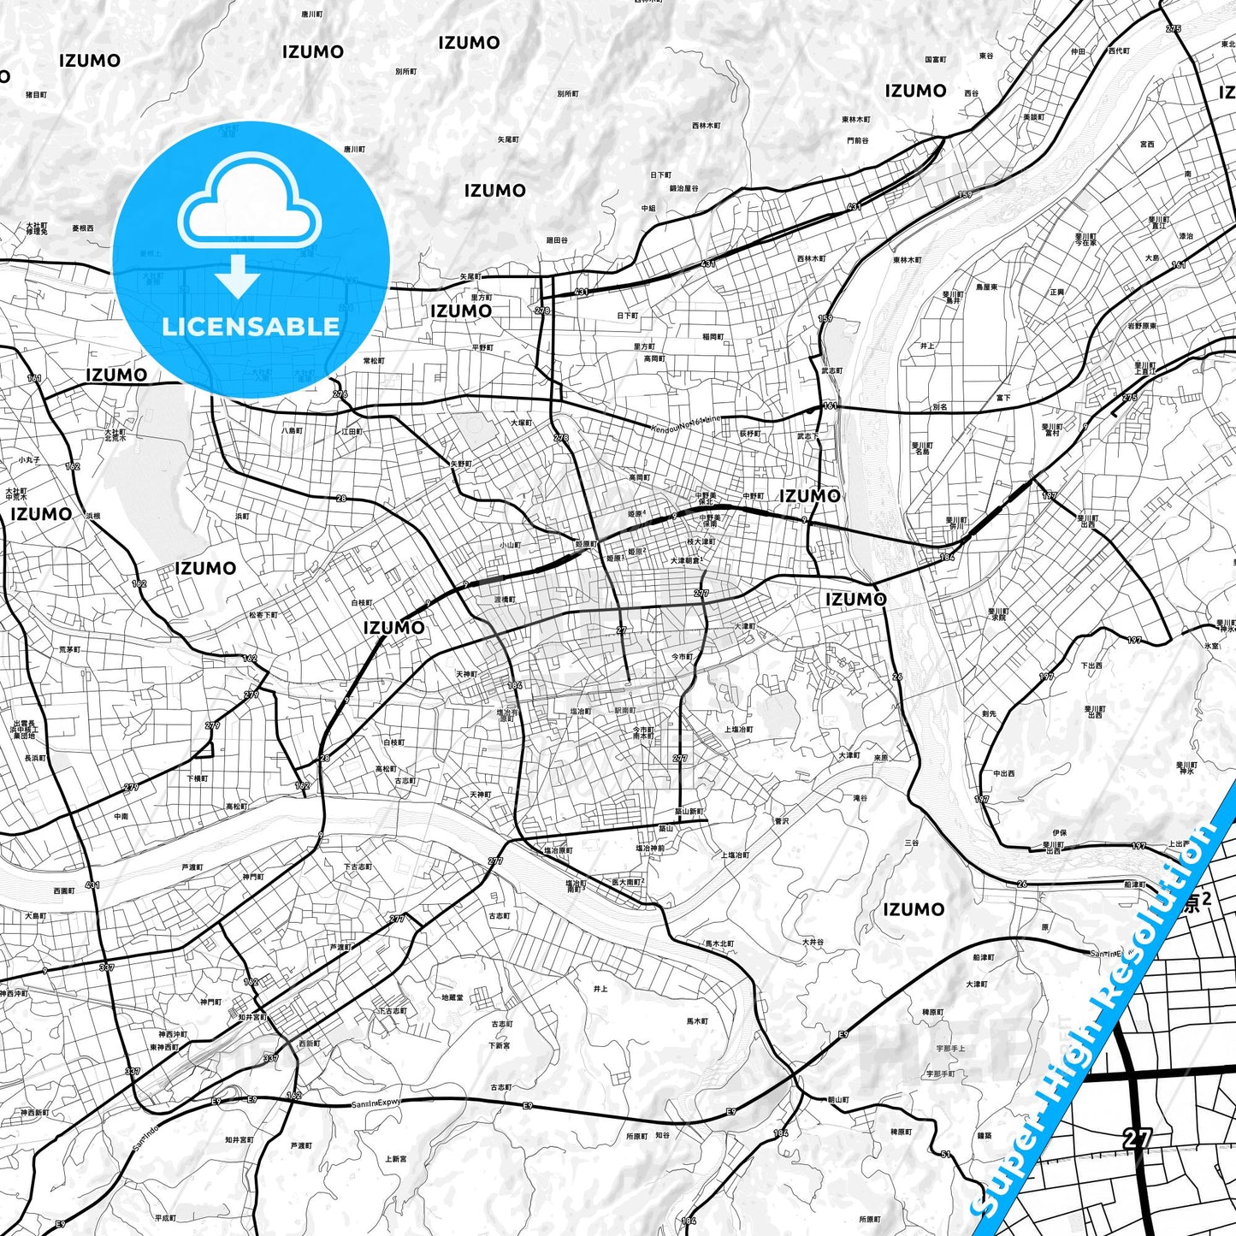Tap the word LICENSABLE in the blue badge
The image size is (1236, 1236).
(x=251, y=327)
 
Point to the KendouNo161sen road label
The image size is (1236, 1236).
(x=685, y=423)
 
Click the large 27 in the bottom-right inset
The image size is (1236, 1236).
(x=1137, y=1138)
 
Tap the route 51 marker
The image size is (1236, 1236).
(x=945, y=1154)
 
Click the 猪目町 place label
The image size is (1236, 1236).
(x=36, y=95)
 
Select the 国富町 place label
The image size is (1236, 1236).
(x=935, y=60)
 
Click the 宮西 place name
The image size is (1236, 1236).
(x=1147, y=145)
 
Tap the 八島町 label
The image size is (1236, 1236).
(x=292, y=431)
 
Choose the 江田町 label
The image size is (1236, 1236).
(x=352, y=432)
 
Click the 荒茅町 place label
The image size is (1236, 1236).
(x=69, y=650)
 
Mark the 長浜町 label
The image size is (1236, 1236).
(x=34, y=759)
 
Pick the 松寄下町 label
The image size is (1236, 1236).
(x=263, y=615)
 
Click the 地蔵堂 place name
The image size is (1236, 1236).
(x=452, y=997)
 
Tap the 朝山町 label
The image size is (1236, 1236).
(x=838, y=1100)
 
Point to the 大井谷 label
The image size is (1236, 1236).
(x=813, y=943)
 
